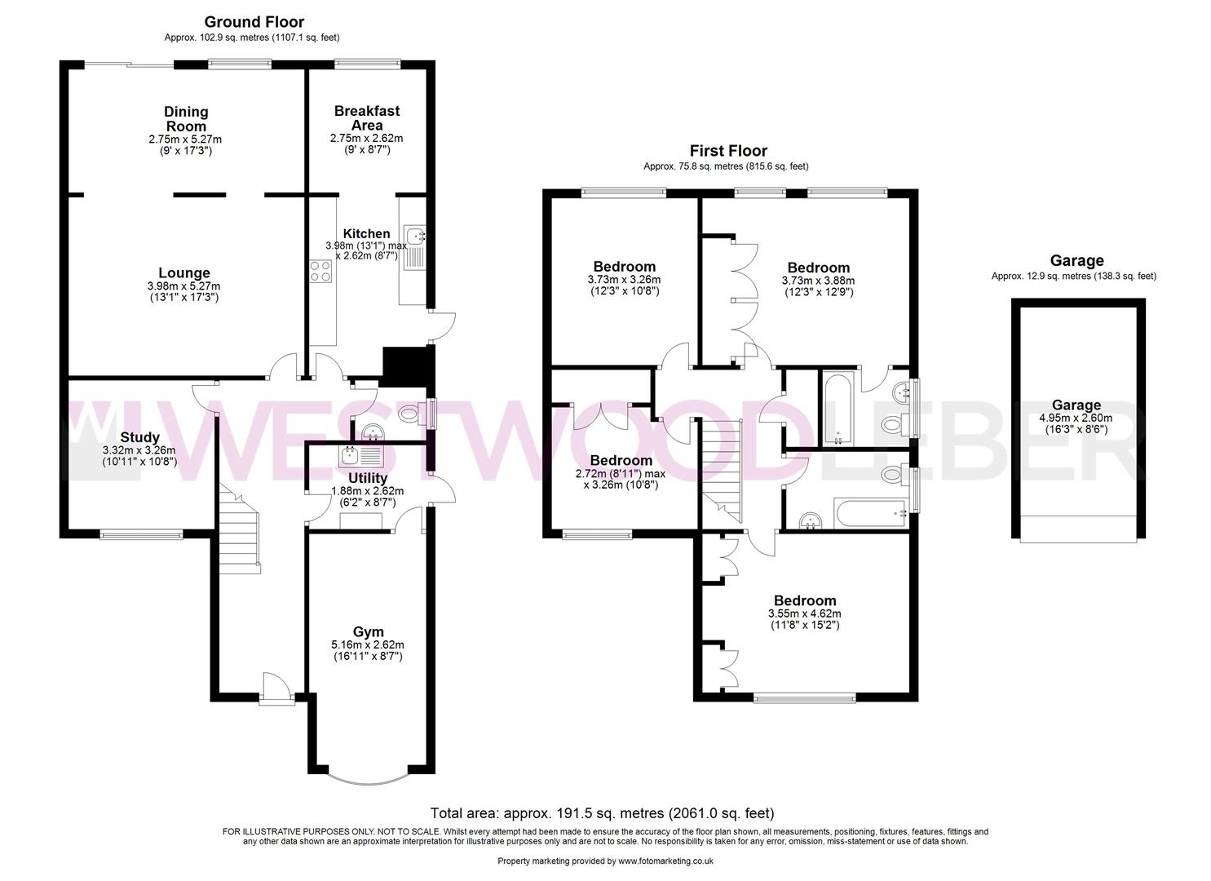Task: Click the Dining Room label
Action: (x=186, y=119)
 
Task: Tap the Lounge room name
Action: (x=184, y=273)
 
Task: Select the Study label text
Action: (x=139, y=437)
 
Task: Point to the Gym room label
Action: (x=368, y=631)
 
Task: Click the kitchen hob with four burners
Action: (x=320, y=270)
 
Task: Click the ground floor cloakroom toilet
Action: (x=417, y=414)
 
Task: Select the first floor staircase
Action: (x=723, y=469)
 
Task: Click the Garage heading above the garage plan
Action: (x=1076, y=261)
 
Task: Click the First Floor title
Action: (x=728, y=151)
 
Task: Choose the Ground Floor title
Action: (x=254, y=22)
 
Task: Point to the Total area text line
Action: (x=602, y=812)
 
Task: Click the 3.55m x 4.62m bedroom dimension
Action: (x=805, y=613)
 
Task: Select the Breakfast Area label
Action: (x=367, y=117)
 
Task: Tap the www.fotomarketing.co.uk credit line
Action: (x=606, y=861)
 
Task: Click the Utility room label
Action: (x=368, y=478)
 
